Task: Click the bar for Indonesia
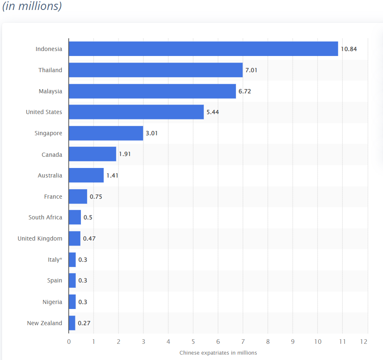click(203, 49)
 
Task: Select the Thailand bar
click(155, 70)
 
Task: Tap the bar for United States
click(136, 112)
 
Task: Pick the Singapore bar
click(106, 133)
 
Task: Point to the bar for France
click(78, 197)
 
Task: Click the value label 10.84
click(349, 49)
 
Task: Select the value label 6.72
click(245, 91)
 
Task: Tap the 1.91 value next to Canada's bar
click(125, 154)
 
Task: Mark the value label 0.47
click(89, 238)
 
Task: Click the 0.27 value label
click(84, 323)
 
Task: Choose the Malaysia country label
click(51, 91)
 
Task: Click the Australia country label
click(50, 175)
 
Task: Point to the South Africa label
click(45, 217)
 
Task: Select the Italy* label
click(55, 260)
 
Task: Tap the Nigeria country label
click(52, 302)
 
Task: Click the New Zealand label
click(44, 323)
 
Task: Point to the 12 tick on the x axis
click(364, 342)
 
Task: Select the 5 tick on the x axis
click(193, 342)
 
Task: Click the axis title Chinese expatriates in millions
click(218, 353)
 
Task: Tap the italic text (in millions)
click(32, 7)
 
